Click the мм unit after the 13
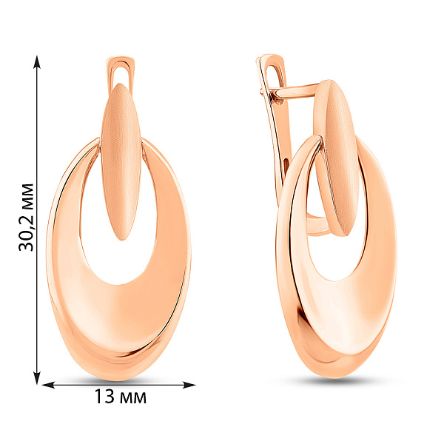tap(133, 397)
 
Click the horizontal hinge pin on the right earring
tap(292, 92)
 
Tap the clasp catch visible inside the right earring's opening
tap(318, 226)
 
